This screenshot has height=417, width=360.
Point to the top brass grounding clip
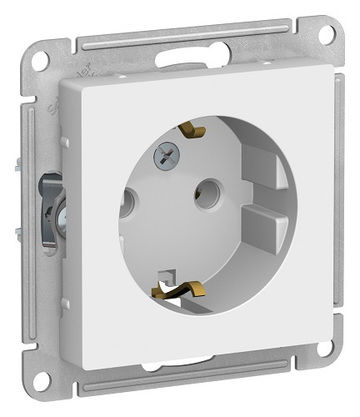193,130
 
